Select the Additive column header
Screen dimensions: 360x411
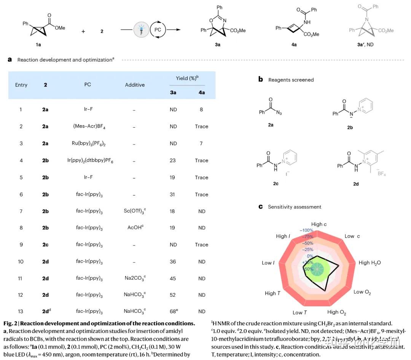pos(135,85)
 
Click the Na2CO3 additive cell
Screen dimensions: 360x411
pos(135,278)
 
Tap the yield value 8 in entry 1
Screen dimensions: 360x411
pos(201,110)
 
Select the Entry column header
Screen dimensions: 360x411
pos(21,85)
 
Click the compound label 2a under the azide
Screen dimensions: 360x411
pos(270,125)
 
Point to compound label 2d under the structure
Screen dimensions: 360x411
pos(355,184)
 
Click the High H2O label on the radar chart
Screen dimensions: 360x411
pos(370,262)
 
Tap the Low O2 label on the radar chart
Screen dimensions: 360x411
pos(362,292)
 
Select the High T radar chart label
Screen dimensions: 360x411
pos(273,293)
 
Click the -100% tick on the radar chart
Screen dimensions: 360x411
pos(306,230)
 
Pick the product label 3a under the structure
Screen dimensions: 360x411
pos(217,45)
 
